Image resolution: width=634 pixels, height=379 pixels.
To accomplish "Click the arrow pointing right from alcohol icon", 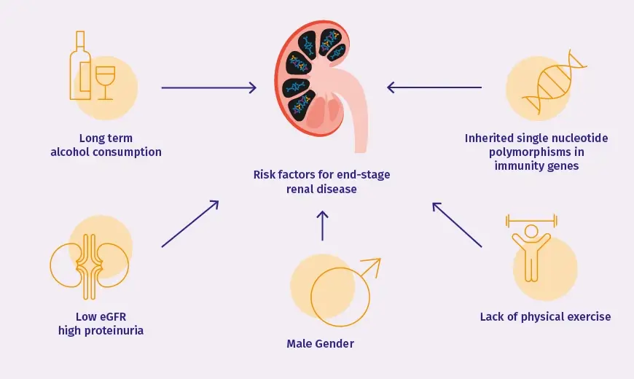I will coord(208,88).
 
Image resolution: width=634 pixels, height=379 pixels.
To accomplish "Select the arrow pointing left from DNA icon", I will coord(434,87).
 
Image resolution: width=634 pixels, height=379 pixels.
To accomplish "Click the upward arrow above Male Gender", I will coord(323,225).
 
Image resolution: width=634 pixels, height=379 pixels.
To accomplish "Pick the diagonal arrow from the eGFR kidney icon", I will coord(189,224).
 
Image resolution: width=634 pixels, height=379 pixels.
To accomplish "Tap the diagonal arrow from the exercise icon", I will coord(457,225).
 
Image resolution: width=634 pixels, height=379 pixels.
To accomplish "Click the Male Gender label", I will coord(321,343).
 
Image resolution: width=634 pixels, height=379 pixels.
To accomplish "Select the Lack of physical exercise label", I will coord(545,316).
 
